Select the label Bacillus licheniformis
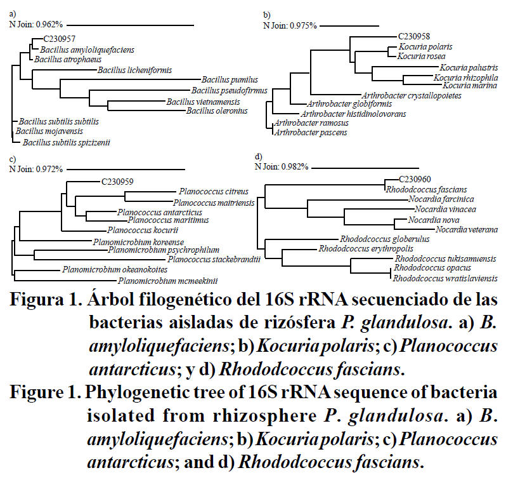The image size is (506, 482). coord(135,69)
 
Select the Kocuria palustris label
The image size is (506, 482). coord(469,67)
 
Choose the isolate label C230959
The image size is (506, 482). coord(117,181)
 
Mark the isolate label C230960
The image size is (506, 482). coord(415,180)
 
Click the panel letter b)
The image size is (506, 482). coord(267,14)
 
